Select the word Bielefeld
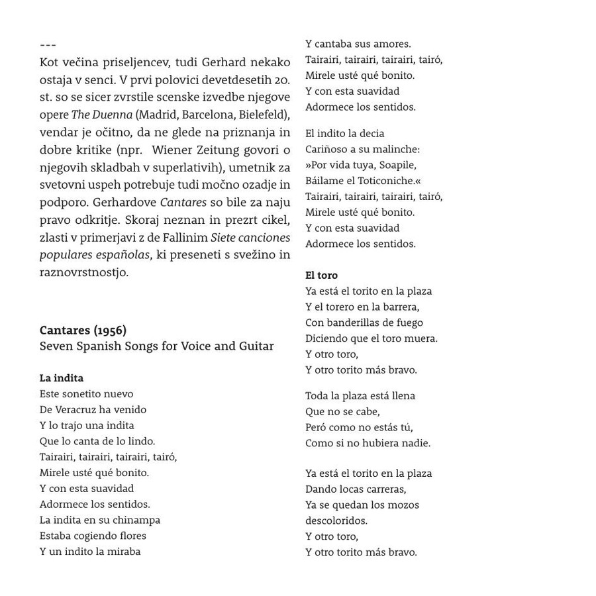coord(263,115)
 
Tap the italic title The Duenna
coord(101,115)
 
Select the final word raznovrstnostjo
coord(83,272)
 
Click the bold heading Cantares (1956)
coord(83,330)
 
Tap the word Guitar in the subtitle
coord(254,346)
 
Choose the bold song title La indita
coord(62,378)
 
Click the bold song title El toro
coord(321,275)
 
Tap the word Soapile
coord(397,165)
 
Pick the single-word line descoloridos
coord(336,521)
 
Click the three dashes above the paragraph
coord(48,45)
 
